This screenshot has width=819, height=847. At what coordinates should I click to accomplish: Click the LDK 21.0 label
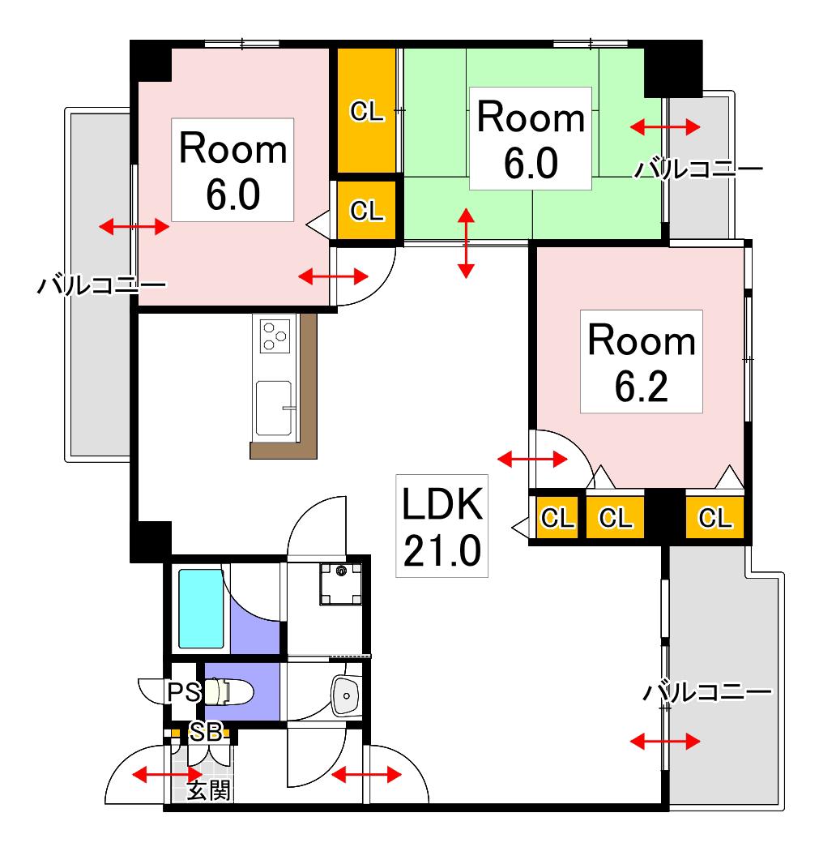click(441, 525)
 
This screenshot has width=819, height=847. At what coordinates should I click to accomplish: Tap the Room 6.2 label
click(642, 361)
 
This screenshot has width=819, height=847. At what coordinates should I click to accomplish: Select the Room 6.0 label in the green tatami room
click(531, 139)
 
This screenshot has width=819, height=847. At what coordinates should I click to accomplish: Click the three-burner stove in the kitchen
click(275, 336)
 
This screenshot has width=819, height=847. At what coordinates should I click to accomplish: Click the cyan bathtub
click(201, 608)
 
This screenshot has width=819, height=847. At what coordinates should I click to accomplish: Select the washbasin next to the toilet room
click(346, 695)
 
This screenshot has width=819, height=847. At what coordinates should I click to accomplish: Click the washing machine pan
click(341, 584)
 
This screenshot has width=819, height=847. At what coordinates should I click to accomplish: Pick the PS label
click(184, 692)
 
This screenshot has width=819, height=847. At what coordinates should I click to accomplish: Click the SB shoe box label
click(206, 733)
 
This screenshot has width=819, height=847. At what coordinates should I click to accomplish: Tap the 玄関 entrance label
click(209, 790)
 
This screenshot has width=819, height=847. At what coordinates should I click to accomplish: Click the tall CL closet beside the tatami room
click(367, 111)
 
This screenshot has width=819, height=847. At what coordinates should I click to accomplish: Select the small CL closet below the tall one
click(367, 210)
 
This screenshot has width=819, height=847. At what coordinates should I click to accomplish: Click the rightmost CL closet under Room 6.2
click(714, 517)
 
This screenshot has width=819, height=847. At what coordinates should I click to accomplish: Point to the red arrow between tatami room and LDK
click(466, 243)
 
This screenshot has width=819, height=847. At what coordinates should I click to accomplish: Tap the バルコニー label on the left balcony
click(102, 284)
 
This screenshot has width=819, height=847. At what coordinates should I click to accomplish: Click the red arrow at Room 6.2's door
click(532, 460)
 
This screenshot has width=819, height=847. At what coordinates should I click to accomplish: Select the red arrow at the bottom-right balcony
click(665, 741)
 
